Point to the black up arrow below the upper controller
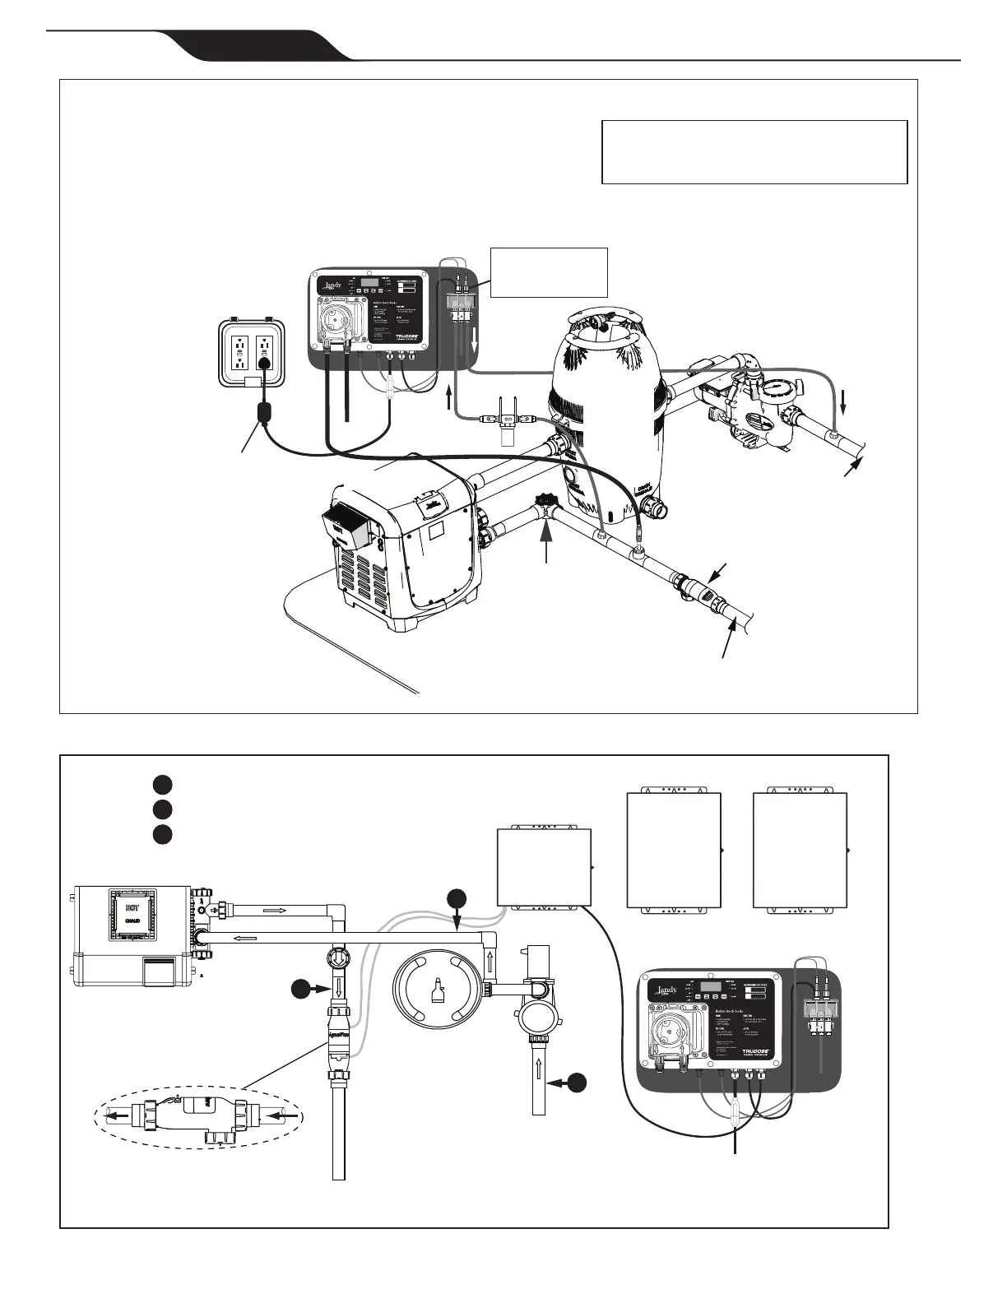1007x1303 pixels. click(448, 400)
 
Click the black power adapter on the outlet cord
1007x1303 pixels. click(265, 410)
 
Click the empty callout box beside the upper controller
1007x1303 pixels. click(549, 271)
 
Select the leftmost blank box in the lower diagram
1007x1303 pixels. click(545, 869)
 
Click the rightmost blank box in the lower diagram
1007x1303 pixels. click(800, 850)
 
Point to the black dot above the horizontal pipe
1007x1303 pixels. click(457, 900)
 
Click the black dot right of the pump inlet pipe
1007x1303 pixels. click(578, 1083)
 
